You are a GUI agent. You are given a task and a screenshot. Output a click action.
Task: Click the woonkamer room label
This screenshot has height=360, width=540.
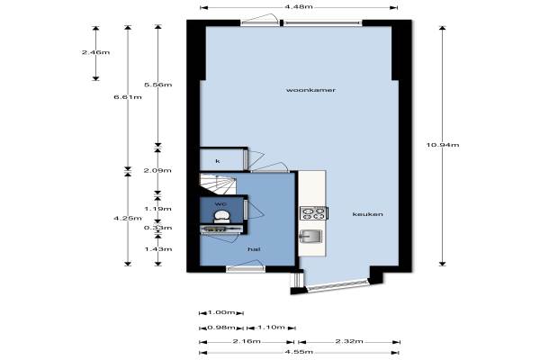[310, 90]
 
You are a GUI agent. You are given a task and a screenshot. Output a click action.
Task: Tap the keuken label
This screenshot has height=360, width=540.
[367, 214]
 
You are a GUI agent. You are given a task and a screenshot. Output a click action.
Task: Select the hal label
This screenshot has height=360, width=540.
[254, 249]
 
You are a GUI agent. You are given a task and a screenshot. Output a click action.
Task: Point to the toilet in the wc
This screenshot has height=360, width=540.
[221, 216]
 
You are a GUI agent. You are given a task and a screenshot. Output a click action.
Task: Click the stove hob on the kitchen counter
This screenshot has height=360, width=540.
[313, 213]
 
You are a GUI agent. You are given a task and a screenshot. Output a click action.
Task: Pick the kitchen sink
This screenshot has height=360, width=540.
[310, 237]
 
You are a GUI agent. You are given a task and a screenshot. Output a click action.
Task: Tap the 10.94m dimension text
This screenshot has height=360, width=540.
[443, 145]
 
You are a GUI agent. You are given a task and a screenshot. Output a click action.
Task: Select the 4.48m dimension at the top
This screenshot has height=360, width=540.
[299, 6]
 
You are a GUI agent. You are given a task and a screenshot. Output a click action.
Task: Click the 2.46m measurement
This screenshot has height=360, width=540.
[95, 52]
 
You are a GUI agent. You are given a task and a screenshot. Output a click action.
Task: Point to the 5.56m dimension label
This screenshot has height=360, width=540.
[158, 85]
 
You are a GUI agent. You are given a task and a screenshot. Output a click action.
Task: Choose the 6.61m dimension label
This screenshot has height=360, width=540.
[128, 97]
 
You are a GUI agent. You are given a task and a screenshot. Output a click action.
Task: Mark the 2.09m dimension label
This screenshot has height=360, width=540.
[157, 170]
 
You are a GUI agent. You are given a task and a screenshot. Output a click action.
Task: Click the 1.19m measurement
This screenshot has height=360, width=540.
[157, 209]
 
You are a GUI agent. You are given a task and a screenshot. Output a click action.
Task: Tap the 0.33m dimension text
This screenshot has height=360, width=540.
[157, 228]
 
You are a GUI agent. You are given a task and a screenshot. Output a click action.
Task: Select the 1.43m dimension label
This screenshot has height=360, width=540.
[158, 249]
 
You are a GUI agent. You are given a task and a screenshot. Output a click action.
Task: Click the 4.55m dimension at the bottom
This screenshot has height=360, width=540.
[299, 352]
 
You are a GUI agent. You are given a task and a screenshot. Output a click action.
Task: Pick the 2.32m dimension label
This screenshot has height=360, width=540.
[349, 341]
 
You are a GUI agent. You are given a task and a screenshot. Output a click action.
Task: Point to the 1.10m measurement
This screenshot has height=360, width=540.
[272, 327]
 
